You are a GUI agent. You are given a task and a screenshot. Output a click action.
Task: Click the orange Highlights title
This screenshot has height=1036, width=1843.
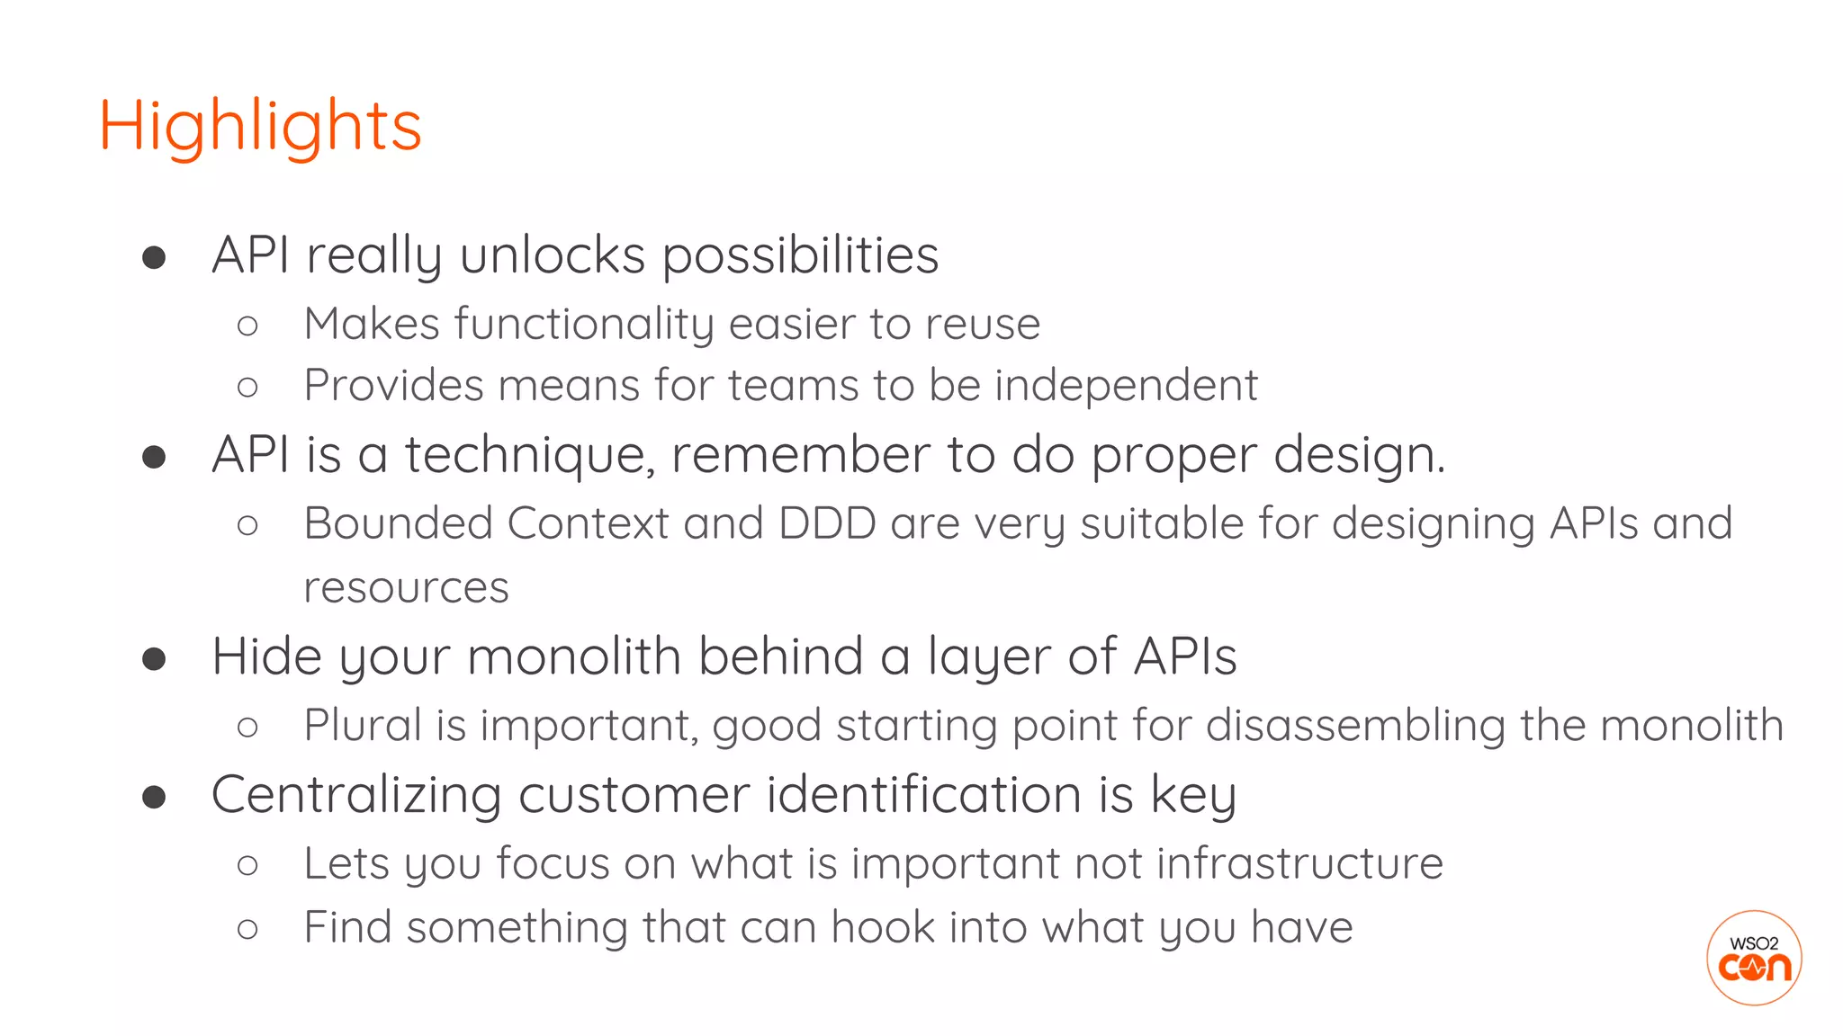point(260,127)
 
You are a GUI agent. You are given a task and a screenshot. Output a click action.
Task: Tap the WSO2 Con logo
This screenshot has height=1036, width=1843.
point(1753,958)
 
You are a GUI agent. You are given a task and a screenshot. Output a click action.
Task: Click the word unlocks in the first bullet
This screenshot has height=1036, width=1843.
point(553,255)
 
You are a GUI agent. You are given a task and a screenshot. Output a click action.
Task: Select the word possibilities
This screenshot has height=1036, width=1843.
point(800,257)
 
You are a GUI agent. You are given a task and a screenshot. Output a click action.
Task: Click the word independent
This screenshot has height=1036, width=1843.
point(1126,386)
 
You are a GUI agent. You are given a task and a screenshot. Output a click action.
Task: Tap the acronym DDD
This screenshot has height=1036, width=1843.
point(827,523)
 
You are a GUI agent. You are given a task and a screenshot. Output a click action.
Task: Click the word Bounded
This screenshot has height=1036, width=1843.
point(398,523)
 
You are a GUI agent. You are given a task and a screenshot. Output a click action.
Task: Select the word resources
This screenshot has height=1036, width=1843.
point(406,588)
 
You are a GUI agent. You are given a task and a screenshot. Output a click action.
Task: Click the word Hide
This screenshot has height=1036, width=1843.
point(266,656)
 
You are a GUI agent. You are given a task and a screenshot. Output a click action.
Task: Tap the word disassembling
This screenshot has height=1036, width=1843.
point(1355,725)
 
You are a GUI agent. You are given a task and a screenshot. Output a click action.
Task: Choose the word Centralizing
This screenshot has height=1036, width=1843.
point(356,795)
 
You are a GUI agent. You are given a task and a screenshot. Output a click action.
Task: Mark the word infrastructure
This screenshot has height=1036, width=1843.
point(1299,863)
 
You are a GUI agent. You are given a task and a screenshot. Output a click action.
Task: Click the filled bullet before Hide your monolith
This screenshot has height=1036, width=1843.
point(154,659)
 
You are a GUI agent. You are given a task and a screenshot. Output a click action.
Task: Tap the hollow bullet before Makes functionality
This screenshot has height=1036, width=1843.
point(247,326)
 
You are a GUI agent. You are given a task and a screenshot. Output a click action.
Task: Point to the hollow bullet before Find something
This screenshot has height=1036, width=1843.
point(247,929)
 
